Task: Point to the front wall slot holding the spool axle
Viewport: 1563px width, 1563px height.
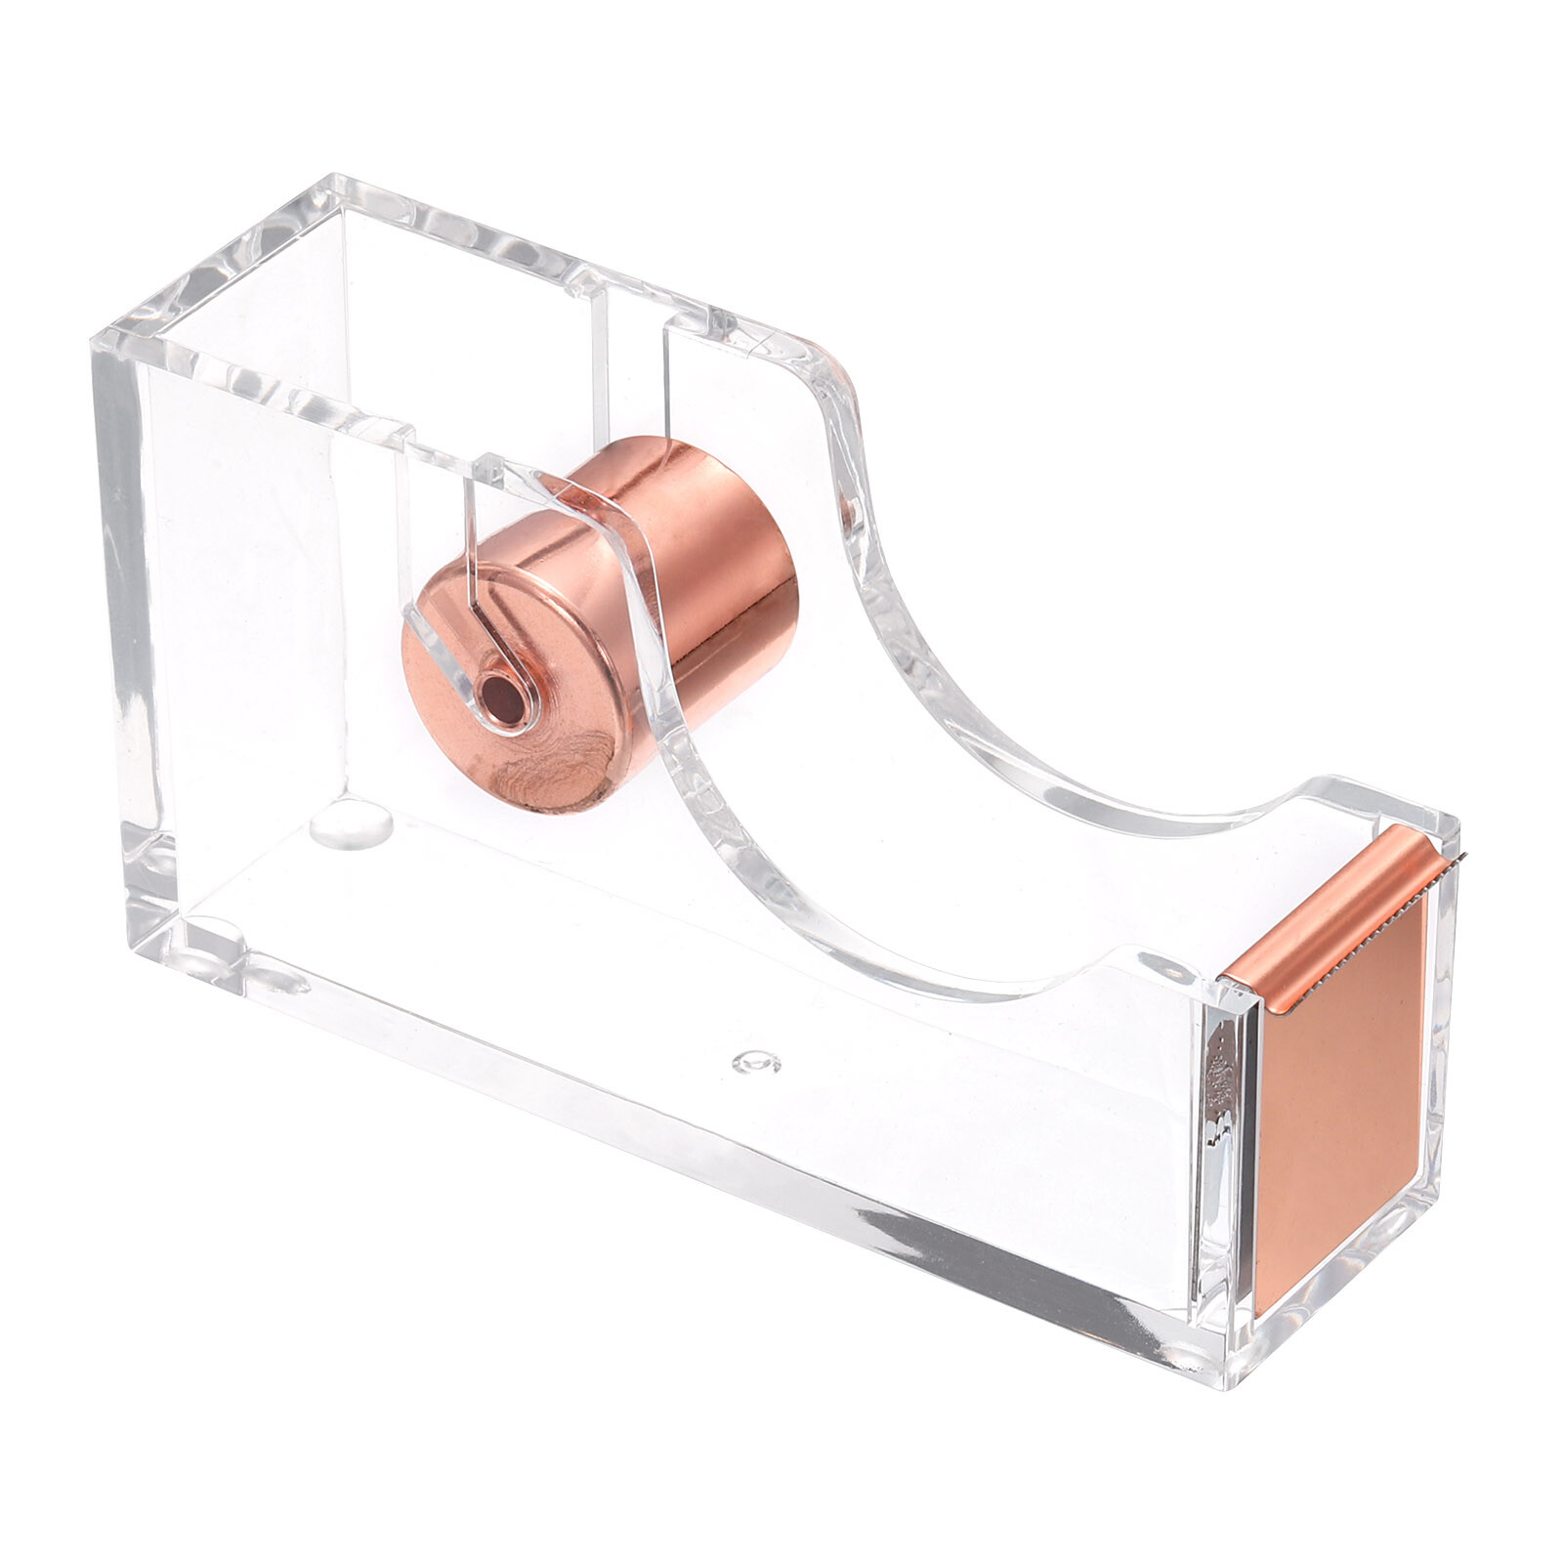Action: [x=469, y=547]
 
